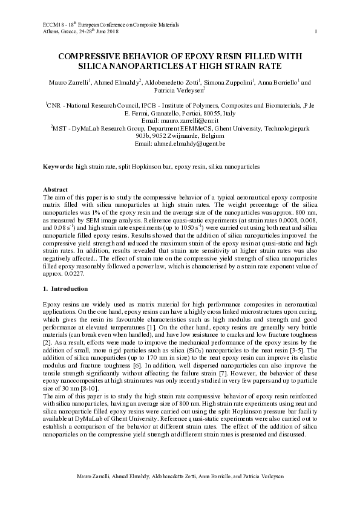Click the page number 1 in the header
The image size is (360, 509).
tap(316, 31)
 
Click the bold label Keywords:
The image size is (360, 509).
tap(58, 166)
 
